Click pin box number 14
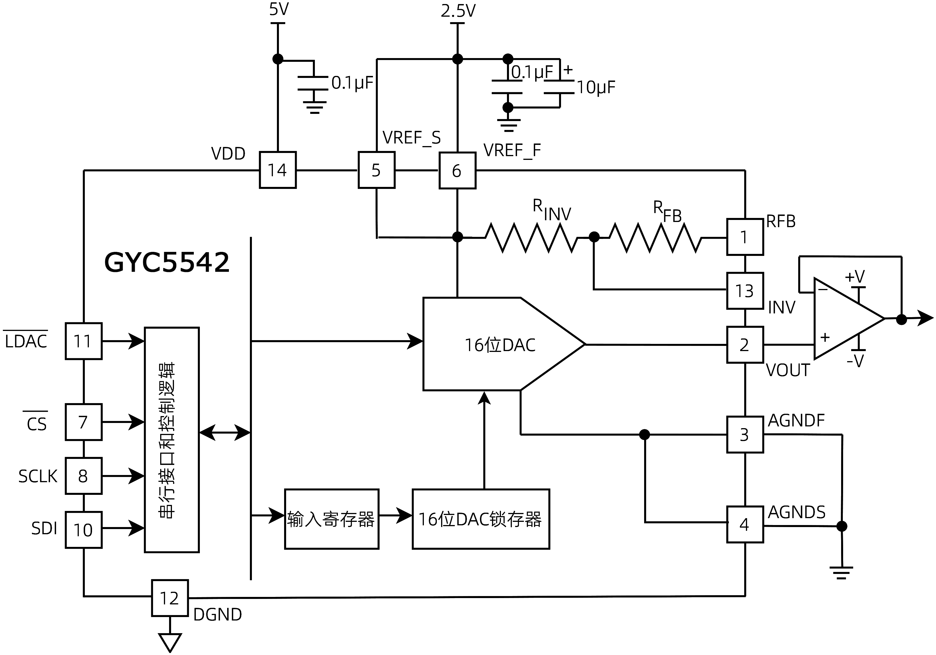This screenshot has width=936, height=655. click(x=277, y=170)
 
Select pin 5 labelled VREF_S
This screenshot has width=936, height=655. click(x=376, y=170)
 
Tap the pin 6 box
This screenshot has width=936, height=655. click(x=457, y=171)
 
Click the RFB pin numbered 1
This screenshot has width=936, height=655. click(x=745, y=237)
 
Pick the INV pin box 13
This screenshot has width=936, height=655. click(x=745, y=291)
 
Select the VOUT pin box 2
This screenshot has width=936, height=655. click(x=745, y=345)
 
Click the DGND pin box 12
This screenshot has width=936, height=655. click(x=170, y=598)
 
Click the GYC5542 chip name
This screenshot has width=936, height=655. click(x=167, y=262)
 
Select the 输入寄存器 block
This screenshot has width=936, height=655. click(x=332, y=519)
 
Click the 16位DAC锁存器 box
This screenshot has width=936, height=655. click(x=481, y=519)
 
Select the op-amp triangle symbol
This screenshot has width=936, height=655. click(x=844, y=319)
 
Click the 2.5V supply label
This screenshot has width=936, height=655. click(x=458, y=11)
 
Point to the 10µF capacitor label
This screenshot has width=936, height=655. click(x=596, y=87)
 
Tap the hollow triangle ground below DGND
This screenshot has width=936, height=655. click(x=170, y=641)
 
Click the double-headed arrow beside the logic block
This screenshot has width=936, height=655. click(x=225, y=432)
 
